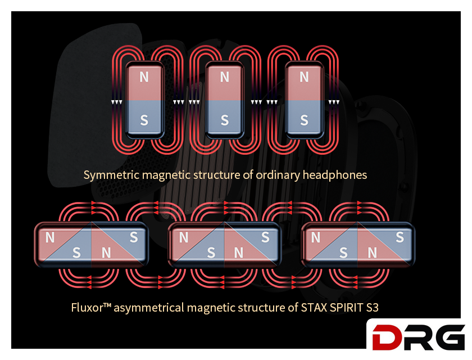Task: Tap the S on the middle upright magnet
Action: [225, 120]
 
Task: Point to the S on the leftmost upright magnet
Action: [144, 120]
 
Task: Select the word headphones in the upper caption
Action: [335, 175]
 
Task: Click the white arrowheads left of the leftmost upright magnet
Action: [116, 102]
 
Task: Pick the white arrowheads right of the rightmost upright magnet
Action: [334, 102]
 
